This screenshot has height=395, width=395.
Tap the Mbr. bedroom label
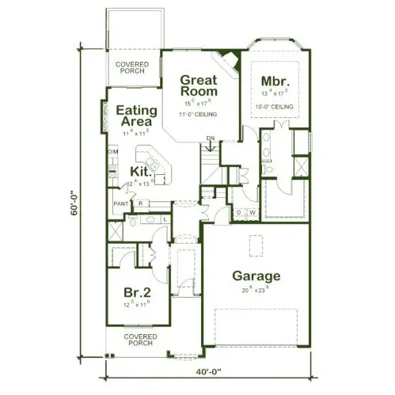[276, 82]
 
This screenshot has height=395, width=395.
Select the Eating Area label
[135, 116]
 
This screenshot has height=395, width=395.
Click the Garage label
[256, 276]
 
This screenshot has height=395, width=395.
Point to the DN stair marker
[211, 139]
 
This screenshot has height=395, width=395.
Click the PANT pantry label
[121, 203]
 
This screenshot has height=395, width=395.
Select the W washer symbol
[252, 212]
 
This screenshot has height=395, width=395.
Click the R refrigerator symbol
[139, 203]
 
